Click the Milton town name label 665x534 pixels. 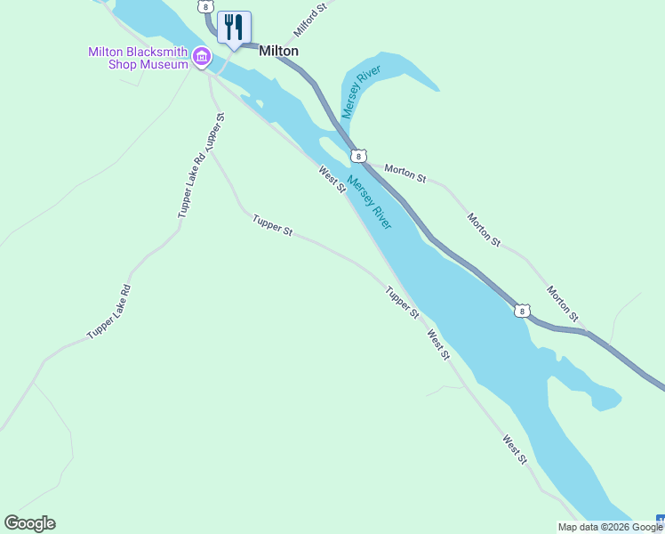point(278,51)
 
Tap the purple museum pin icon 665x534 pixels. point(202,60)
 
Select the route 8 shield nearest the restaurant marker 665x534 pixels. point(207,6)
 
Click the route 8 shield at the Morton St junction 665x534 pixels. point(357,157)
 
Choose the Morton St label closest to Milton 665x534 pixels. point(405,173)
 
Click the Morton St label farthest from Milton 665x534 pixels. point(563,303)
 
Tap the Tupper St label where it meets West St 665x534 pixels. point(402,303)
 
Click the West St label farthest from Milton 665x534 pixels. point(515,449)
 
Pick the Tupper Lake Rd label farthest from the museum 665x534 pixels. point(109,311)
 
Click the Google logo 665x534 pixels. point(29,523)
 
